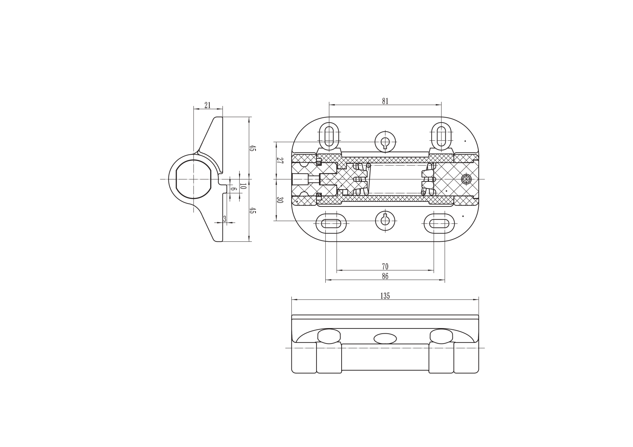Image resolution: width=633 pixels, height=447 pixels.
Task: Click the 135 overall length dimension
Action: click(x=385, y=296)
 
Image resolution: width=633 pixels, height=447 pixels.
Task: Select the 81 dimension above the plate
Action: click(x=385, y=101)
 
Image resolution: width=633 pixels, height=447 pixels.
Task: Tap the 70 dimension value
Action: click(x=385, y=266)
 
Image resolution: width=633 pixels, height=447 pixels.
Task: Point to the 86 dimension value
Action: click(x=385, y=276)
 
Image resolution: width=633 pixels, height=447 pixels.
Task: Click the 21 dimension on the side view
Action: click(x=207, y=105)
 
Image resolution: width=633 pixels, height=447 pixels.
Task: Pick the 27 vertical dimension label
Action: click(x=280, y=161)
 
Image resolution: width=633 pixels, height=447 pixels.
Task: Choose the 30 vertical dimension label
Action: click(x=280, y=200)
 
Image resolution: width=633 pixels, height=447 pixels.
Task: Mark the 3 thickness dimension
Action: click(x=225, y=219)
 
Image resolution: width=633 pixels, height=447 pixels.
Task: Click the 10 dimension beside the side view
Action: click(x=243, y=186)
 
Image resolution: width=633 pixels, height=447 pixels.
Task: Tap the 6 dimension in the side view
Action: click(x=233, y=189)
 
